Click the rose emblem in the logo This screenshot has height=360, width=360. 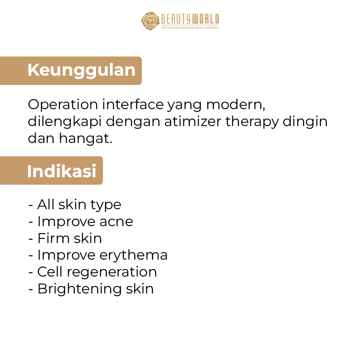(150, 21)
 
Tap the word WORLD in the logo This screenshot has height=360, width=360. (206, 19)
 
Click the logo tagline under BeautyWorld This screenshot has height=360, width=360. (190, 28)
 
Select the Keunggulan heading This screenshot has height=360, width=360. (81, 70)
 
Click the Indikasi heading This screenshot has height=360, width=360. (62, 171)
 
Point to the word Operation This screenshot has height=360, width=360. (63, 105)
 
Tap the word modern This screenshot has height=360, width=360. (236, 105)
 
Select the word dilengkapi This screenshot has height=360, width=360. (64, 122)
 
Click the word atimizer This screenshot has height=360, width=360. (193, 121)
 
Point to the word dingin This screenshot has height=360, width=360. (305, 122)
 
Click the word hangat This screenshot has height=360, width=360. (86, 139)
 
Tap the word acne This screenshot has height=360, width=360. (116, 222)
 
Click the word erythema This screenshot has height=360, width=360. (134, 256)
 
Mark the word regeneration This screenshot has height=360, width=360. (112, 273)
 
